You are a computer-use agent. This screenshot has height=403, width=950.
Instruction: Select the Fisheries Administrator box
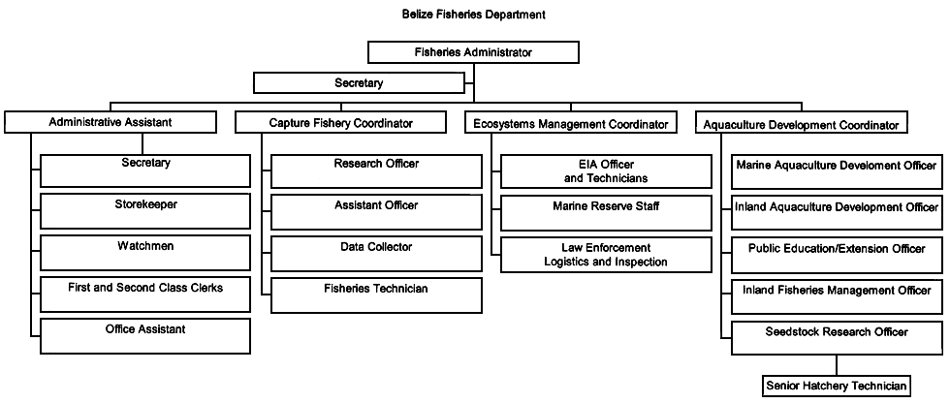(x=474, y=52)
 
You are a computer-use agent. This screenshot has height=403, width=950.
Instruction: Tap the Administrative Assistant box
(x=110, y=123)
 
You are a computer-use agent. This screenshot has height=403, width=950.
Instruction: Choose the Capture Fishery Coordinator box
(x=340, y=123)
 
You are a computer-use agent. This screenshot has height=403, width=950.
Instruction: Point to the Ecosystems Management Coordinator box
(x=572, y=123)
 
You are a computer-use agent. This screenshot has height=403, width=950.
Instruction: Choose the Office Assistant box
(x=145, y=336)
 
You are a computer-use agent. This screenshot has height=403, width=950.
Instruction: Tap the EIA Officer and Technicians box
(x=607, y=171)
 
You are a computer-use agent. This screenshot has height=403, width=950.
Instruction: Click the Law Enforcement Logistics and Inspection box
(x=607, y=255)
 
